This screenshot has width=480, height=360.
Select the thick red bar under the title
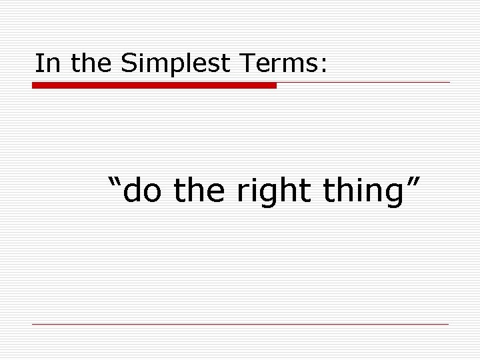click(154, 85)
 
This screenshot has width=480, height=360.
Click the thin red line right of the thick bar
click(363, 83)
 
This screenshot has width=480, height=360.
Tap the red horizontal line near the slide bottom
click(240, 324)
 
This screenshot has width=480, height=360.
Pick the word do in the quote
click(141, 192)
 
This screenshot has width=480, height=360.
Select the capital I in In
click(38, 63)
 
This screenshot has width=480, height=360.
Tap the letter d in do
click(133, 192)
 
